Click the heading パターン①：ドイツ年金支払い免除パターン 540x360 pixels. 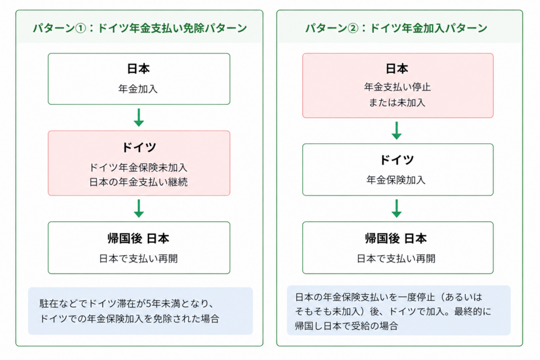click(139, 28)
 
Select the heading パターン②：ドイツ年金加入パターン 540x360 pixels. click(396, 28)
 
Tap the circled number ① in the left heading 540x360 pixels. click(80, 28)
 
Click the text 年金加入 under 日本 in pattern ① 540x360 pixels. click(138, 89)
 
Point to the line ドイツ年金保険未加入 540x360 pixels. click(139, 168)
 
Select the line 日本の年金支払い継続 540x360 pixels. click(139, 182)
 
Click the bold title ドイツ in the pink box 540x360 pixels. click(139, 147)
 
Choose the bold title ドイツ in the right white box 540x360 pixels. click(397, 160)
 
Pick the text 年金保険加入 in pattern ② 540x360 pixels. click(396, 180)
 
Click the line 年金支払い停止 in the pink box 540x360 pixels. click(398, 87)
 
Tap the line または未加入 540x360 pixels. click(397, 103)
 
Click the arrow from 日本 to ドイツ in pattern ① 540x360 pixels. click(139, 118)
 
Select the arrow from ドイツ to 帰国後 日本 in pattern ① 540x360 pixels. click(139, 208)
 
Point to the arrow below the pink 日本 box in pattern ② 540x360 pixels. click(397, 130)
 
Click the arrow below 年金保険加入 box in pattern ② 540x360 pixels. click(397, 208)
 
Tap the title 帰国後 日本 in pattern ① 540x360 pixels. click(139, 239)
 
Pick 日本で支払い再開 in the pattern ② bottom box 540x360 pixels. click(396, 258)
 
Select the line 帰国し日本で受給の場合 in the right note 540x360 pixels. click(346, 326)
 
